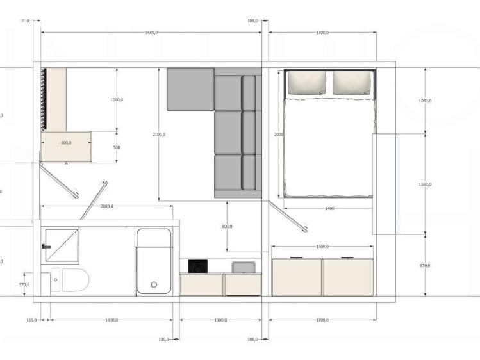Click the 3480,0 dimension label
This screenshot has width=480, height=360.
[x=151, y=32]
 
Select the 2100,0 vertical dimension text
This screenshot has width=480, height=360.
[x=159, y=135]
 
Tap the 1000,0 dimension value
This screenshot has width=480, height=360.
[x=117, y=100]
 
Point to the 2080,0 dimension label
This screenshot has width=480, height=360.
[x=106, y=206]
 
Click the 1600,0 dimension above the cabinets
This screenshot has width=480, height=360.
[x=322, y=247]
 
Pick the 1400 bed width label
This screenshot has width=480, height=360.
[x=329, y=209]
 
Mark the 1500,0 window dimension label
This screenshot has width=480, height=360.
[x=424, y=184]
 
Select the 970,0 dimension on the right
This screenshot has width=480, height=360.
[x=424, y=265]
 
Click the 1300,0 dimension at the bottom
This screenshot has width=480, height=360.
[x=220, y=320]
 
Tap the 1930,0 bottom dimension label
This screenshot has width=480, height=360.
[x=111, y=320]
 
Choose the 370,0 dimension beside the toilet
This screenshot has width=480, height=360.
[x=24, y=284]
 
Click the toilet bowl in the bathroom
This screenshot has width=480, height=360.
[x=74, y=281]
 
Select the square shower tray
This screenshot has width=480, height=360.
[x=61, y=245]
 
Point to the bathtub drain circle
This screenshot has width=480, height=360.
[x=154, y=285]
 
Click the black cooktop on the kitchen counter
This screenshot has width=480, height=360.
[x=197, y=265]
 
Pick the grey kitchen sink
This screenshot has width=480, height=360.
[x=242, y=266]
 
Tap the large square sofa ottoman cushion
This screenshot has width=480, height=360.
[x=190, y=89]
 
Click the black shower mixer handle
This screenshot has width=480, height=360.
[x=46, y=246]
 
